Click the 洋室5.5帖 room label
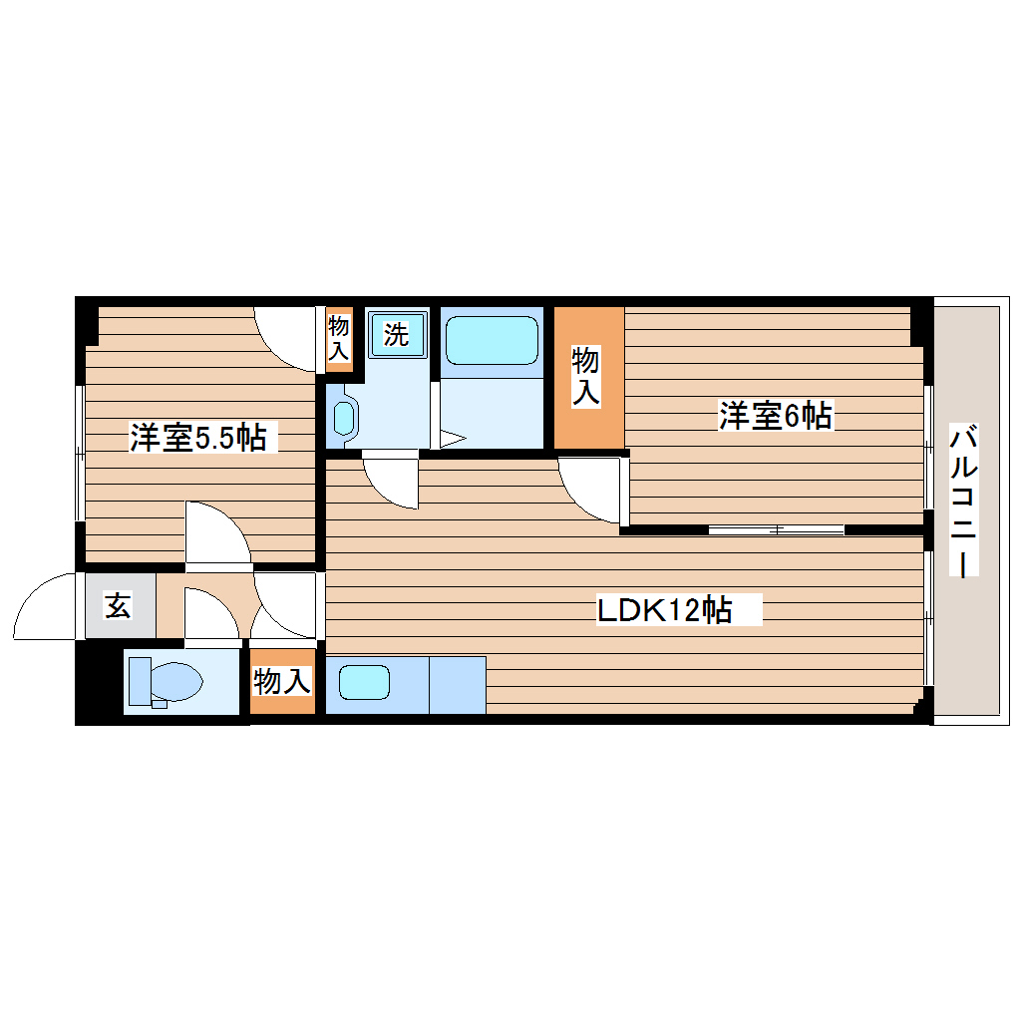pyautogui.click(x=197, y=437)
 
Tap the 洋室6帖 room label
pyautogui.click(x=776, y=415)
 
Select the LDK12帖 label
pyautogui.click(x=665, y=609)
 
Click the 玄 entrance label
pyautogui.click(x=119, y=605)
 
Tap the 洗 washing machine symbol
pyautogui.click(x=397, y=335)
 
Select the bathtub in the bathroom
pyautogui.click(x=492, y=341)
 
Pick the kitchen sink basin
pyautogui.click(x=363, y=683)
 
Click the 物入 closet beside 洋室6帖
pyautogui.click(x=587, y=376)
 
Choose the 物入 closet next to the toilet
pyautogui.click(x=281, y=682)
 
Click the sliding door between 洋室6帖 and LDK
pyautogui.click(x=777, y=528)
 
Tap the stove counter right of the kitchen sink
pyautogui.click(x=457, y=685)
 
